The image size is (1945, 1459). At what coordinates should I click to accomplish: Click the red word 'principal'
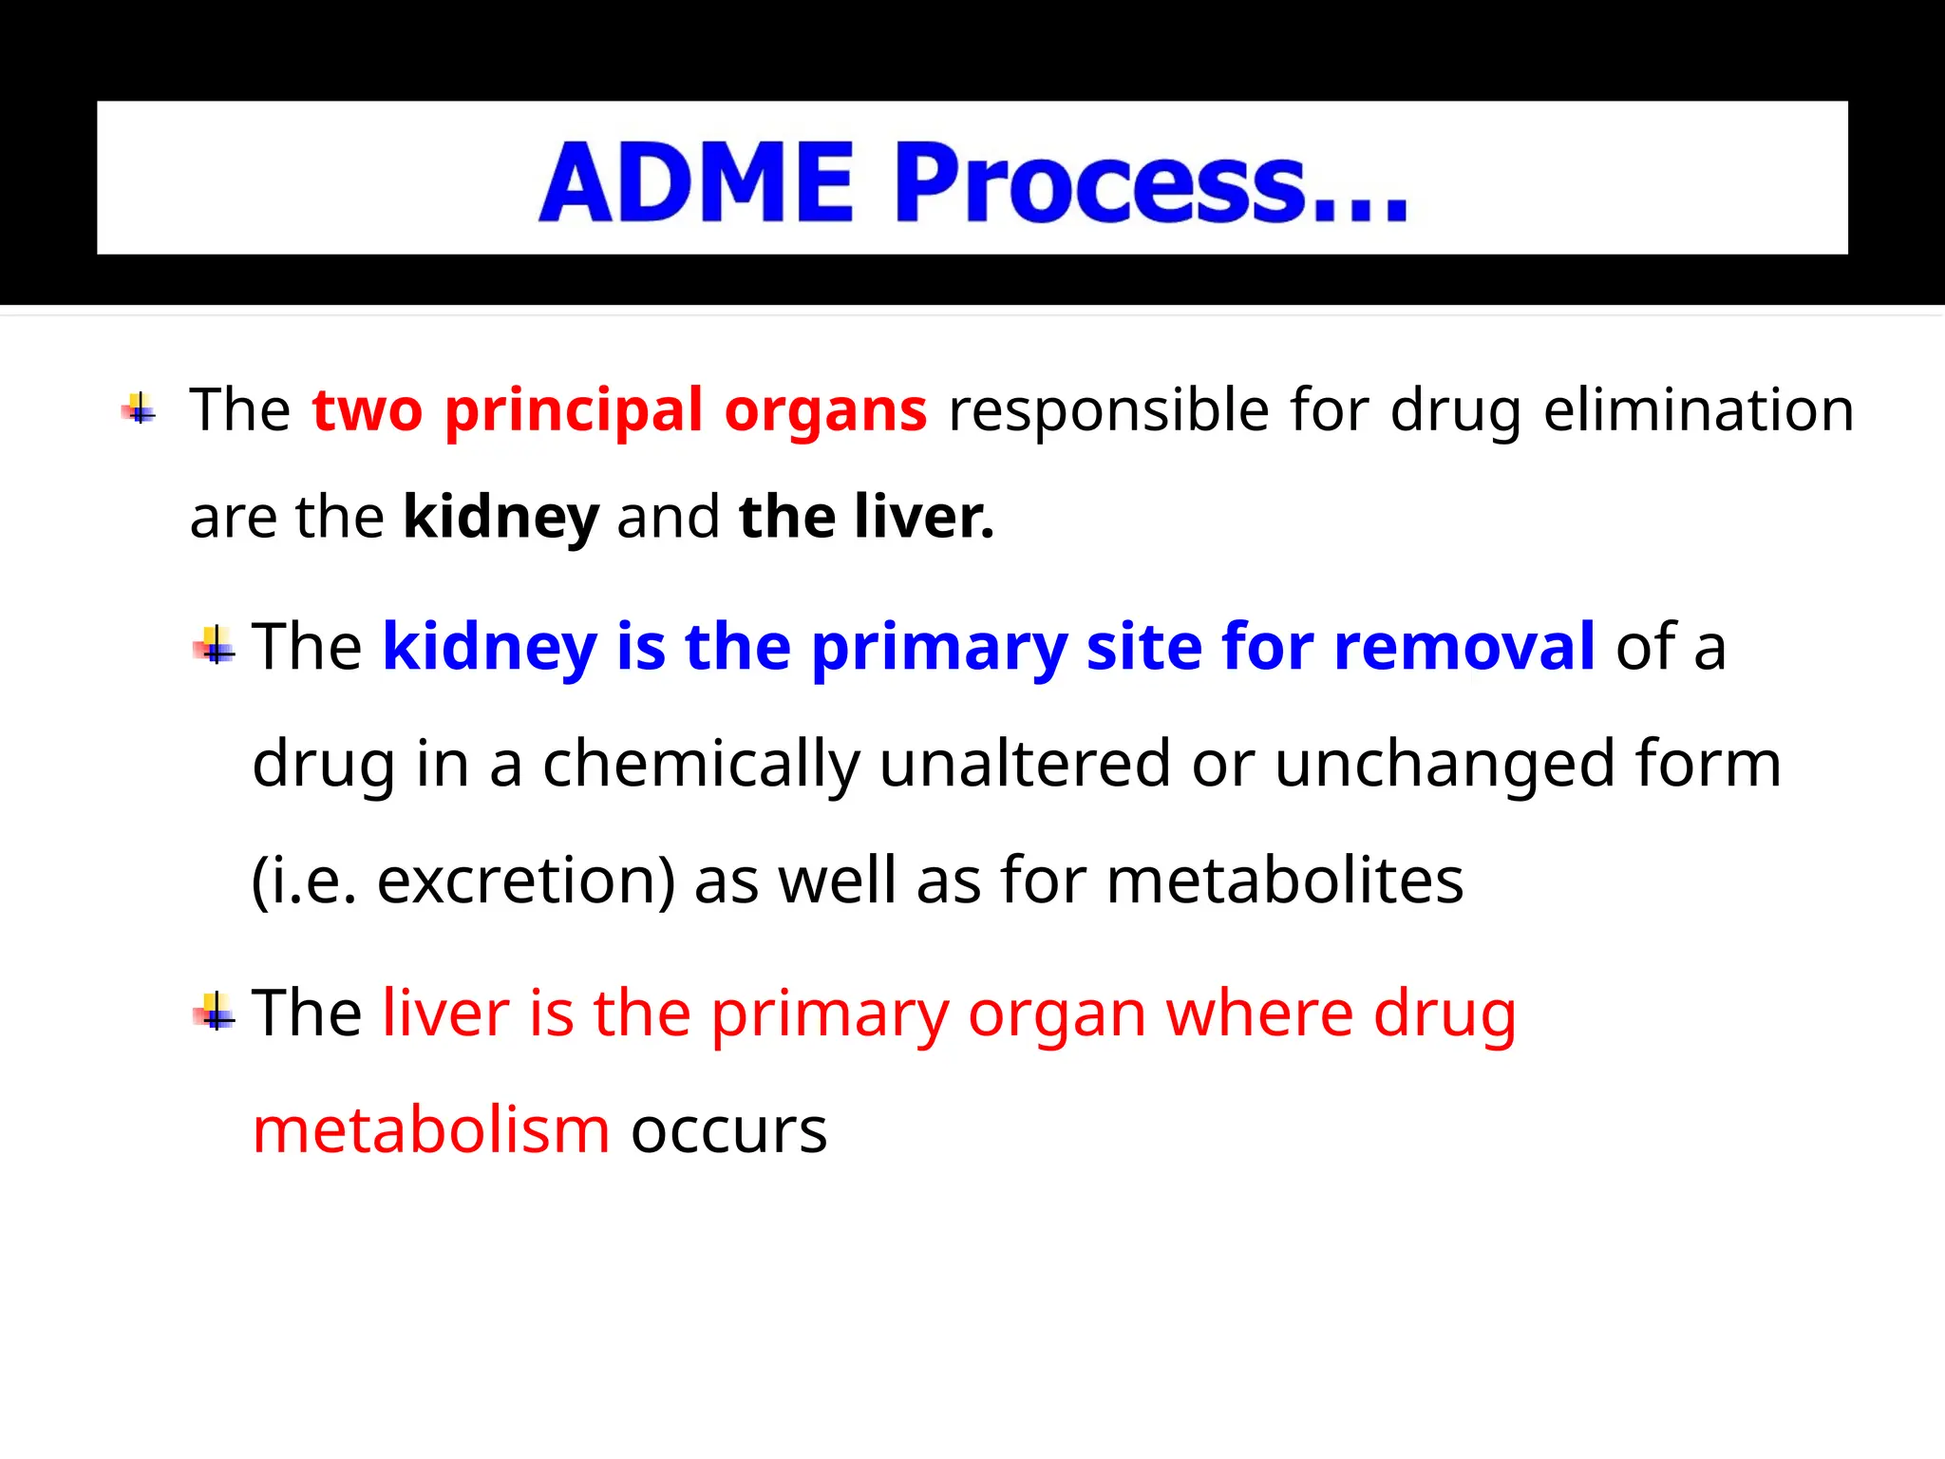click(574, 411)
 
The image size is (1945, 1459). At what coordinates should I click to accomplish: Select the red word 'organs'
click(825, 411)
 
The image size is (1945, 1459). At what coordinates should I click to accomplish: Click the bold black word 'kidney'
click(500, 518)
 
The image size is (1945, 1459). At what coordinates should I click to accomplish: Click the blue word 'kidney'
click(489, 648)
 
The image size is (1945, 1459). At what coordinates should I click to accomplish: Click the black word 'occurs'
click(728, 1132)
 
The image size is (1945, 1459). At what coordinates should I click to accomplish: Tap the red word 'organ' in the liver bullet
click(1056, 1014)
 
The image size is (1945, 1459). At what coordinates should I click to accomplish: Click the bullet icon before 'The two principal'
click(139, 409)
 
